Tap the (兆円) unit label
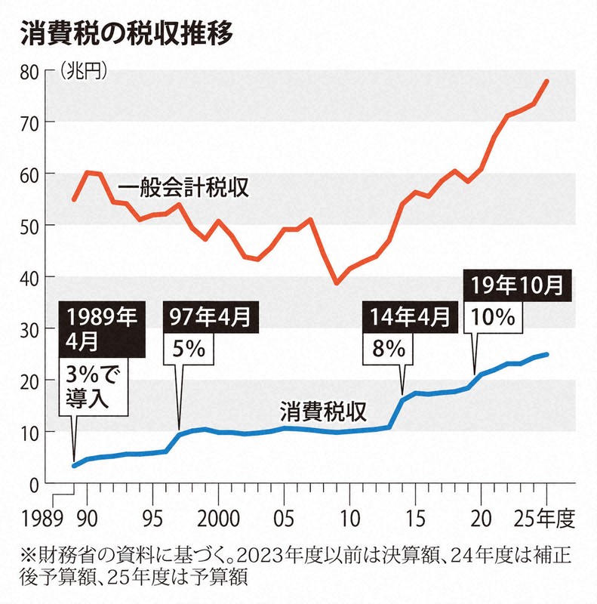83,72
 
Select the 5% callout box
186,350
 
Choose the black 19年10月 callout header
516,286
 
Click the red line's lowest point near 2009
337,283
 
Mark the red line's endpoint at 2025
547,81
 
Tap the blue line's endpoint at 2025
547,354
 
